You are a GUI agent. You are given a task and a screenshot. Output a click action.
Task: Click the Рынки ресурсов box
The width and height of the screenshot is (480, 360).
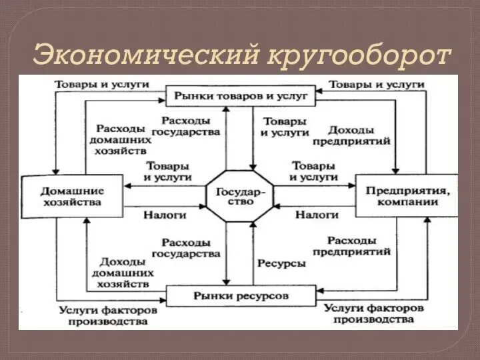pyautogui.click(x=241, y=294)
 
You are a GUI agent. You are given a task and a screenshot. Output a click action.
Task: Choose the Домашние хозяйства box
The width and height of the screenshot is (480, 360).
pyautogui.click(x=71, y=196)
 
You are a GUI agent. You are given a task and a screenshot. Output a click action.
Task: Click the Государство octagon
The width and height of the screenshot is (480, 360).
pyautogui.click(x=240, y=195)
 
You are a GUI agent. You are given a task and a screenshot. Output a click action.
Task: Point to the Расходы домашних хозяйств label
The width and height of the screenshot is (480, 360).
pyautogui.click(x=119, y=139)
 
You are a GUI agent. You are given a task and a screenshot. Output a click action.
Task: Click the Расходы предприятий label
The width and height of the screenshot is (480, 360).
pyautogui.click(x=359, y=246)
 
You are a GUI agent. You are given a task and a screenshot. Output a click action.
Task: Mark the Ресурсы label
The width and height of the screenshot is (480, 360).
pyautogui.click(x=281, y=263)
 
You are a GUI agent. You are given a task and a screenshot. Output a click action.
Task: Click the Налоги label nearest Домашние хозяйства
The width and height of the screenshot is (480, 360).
pyautogui.click(x=165, y=215)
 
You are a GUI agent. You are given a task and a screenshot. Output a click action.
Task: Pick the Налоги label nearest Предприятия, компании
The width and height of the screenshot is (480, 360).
pyautogui.click(x=317, y=215)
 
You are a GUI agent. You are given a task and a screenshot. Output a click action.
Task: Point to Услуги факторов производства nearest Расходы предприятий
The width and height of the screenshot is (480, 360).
pyautogui.click(x=374, y=314)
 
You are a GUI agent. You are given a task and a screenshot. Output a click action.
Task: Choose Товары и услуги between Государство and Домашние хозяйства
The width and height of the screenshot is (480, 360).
pyautogui.click(x=168, y=171)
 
